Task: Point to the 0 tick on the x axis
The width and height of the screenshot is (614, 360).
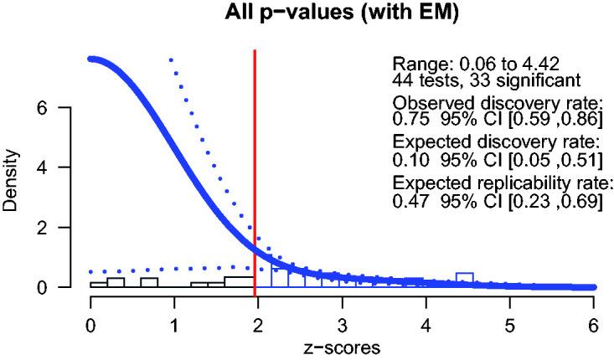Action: [x=90, y=321]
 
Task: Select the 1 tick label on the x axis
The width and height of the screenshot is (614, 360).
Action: [x=174, y=321]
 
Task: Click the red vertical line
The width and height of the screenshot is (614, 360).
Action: [x=255, y=167]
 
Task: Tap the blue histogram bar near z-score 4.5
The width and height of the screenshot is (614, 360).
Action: [x=464, y=280]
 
